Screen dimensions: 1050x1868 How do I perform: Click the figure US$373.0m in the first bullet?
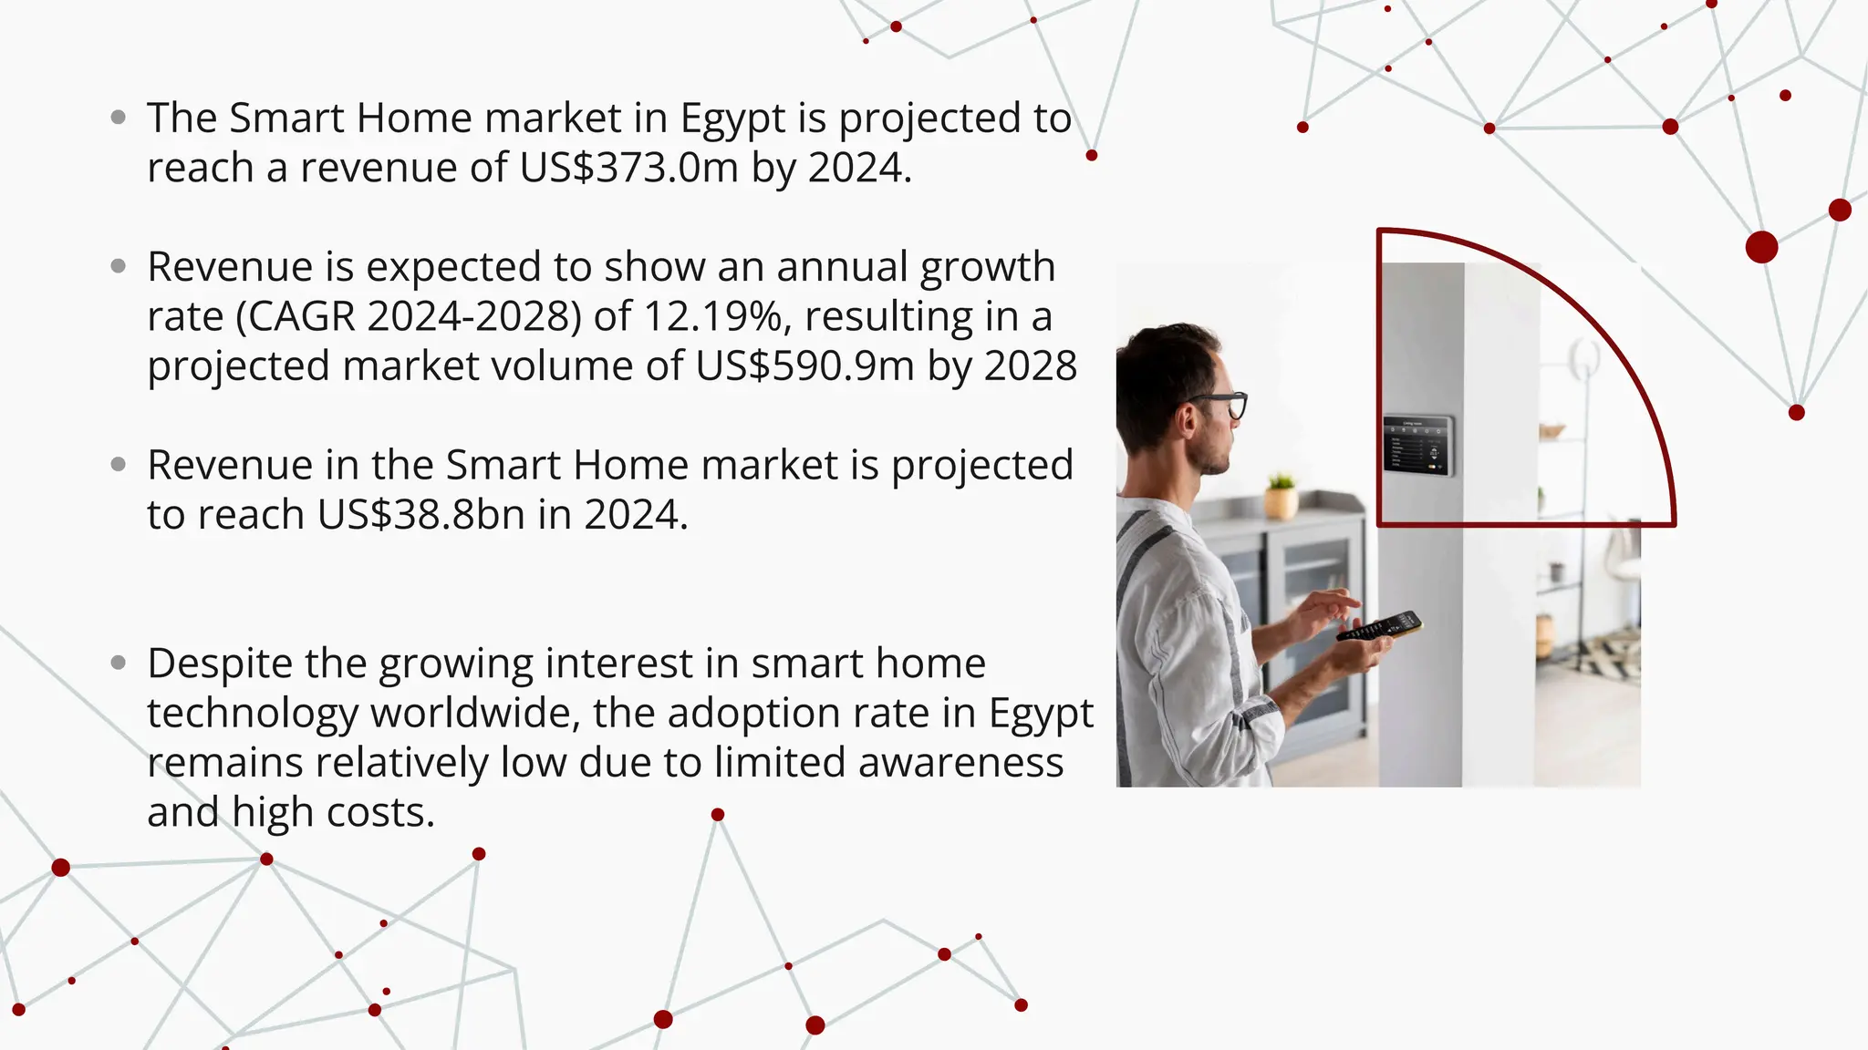(x=628, y=168)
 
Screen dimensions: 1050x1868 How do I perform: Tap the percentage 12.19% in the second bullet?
(x=712, y=316)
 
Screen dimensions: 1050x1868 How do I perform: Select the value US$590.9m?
(x=804, y=366)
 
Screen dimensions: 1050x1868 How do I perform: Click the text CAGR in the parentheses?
(x=302, y=316)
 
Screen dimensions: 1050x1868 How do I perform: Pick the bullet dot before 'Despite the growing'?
(x=118, y=663)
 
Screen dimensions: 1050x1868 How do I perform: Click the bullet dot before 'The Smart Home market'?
(x=118, y=118)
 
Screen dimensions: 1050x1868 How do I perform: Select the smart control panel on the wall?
(x=1417, y=446)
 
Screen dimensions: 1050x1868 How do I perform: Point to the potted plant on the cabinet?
(x=1282, y=496)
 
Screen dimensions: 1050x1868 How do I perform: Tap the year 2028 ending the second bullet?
(x=1031, y=366)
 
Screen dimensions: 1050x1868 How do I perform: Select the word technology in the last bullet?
(x=253, y=713)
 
